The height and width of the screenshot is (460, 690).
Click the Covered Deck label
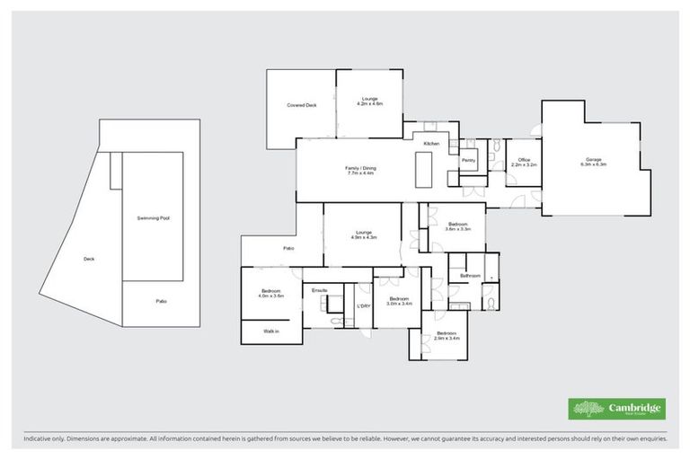pyautogui.click(x=302, y=105)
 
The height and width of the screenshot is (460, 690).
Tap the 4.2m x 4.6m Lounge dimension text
pyautogui.click(x=369, y=104)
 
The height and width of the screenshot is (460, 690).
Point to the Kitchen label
pyautogui.click(x=431, y=144)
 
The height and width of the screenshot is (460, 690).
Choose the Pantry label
pyautogui.click(x=467, y=160)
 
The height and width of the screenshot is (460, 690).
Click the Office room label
pyautogui.click(x=522, y=163)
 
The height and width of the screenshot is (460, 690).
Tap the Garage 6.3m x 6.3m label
pyautogui.click(x=593, y=164)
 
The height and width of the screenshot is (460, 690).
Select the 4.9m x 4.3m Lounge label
pyautogui.click(x=364, y=237)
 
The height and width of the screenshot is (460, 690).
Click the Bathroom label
pyautogui.click(x=470, y=276)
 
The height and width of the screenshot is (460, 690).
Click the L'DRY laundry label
pyautogui.click(x=364, y=306)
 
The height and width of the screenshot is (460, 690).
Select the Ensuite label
pyautogui.click(x=320, y=290)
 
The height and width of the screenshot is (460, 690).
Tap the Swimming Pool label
pyautogui.click(x=154, y=218)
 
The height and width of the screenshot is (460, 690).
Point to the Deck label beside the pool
pyautogui.click(x=88, y=259)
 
